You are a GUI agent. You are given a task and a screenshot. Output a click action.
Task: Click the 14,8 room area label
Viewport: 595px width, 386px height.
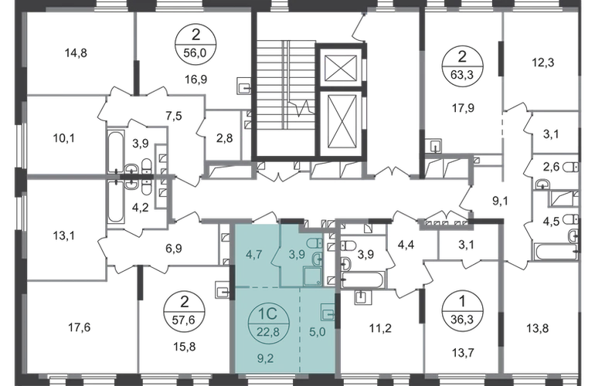[76, 53]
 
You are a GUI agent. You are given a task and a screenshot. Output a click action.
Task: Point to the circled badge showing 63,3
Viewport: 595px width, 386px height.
[462, 67]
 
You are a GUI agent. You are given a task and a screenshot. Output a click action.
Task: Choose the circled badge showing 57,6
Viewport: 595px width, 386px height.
[184, 312]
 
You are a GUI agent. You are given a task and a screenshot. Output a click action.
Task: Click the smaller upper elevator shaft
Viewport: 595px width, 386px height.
[341, 68]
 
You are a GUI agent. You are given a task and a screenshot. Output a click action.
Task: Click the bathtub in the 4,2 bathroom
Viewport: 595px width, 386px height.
[115, 202]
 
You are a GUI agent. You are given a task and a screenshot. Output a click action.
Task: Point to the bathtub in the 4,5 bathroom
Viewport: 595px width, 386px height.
[556, 252]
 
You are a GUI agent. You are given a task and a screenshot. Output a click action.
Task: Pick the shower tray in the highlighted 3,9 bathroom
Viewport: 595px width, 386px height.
[312, 276]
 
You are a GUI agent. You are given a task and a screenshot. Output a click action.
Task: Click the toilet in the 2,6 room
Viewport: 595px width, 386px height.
[571, 167]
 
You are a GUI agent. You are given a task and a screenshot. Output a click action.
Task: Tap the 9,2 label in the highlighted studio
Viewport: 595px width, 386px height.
[265, 357]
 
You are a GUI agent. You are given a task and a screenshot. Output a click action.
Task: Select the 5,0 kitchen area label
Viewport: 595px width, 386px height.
[318, 332]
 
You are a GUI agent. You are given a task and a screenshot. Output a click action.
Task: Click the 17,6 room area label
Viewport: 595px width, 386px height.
[80, 327]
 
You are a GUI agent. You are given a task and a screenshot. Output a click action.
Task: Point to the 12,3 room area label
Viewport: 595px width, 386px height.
[542, 63]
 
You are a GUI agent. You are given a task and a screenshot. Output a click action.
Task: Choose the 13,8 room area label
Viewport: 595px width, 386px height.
[538, 327]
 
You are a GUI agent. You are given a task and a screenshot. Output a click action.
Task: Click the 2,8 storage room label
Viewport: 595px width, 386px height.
[224, 138]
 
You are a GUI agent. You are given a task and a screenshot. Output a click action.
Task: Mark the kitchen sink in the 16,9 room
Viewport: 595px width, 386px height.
[244, 86]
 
